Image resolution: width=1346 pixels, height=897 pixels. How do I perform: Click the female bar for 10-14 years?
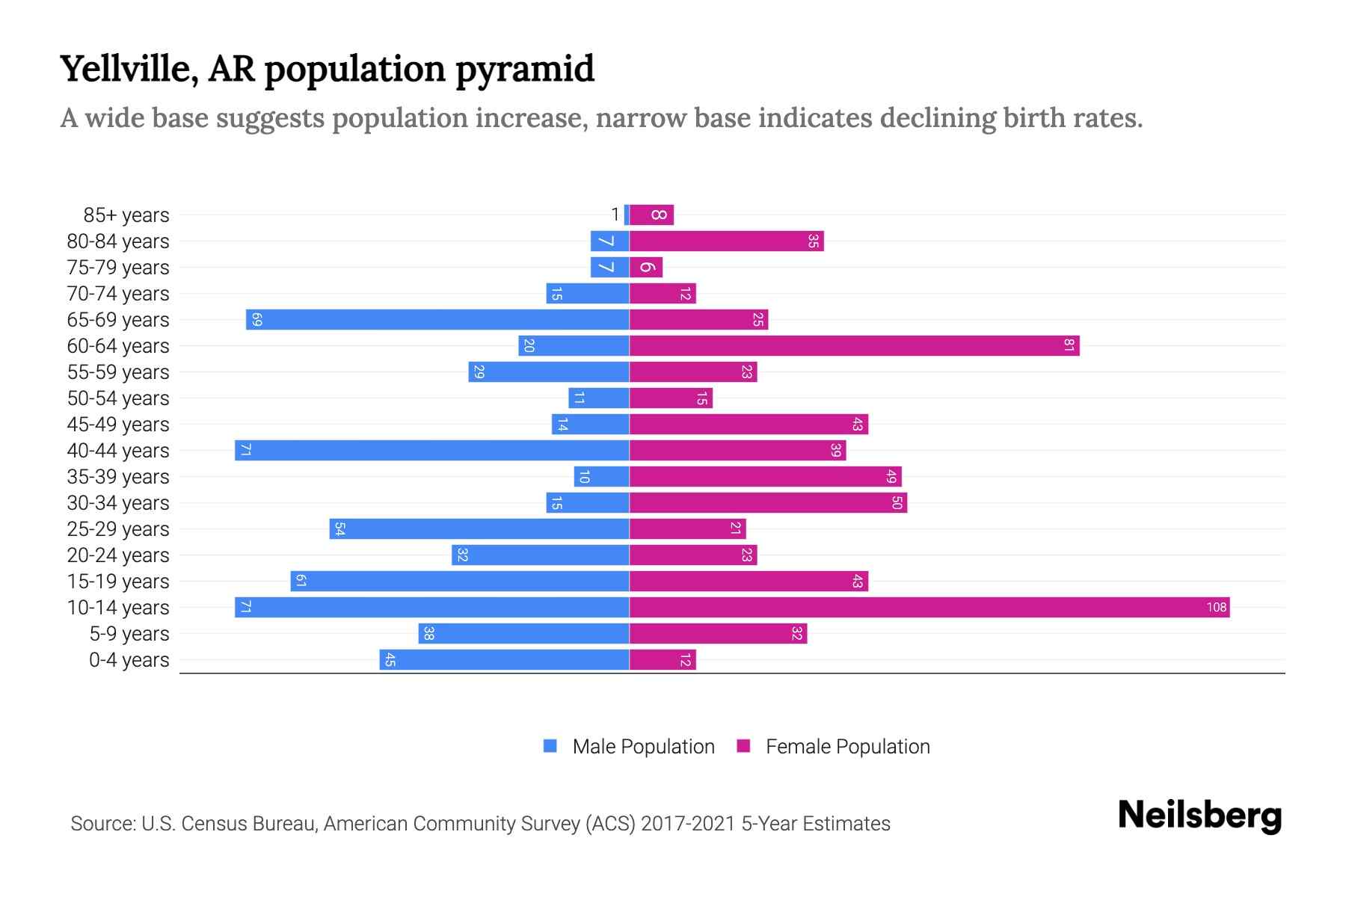pos(929,607)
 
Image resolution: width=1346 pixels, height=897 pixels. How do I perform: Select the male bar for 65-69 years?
pos(437,319)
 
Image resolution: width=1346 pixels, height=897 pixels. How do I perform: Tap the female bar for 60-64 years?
pos(854,345)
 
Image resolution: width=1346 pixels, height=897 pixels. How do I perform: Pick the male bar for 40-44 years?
pos(432,450)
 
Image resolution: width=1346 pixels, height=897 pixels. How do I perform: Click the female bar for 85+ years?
pos(651,215)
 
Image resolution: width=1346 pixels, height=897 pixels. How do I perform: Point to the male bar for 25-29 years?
pos(479,528)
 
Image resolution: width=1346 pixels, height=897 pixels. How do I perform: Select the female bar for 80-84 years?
pos(726,241)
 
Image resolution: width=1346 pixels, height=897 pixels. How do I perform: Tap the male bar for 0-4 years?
pos(504,659)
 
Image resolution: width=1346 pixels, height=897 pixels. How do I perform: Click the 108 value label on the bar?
pos(1216,607)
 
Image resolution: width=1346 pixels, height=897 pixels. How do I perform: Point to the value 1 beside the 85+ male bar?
pos(615,215)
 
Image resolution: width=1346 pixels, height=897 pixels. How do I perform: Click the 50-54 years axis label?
pos(118,398)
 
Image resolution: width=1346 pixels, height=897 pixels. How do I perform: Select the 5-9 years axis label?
pos(129,634)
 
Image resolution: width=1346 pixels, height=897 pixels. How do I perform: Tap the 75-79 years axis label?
pos(118,268)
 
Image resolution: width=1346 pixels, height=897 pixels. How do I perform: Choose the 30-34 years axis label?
pos(118,503)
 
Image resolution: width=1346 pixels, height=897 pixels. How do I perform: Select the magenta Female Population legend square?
pos(743,746)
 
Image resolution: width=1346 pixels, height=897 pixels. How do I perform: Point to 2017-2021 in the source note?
pos(687,824)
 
